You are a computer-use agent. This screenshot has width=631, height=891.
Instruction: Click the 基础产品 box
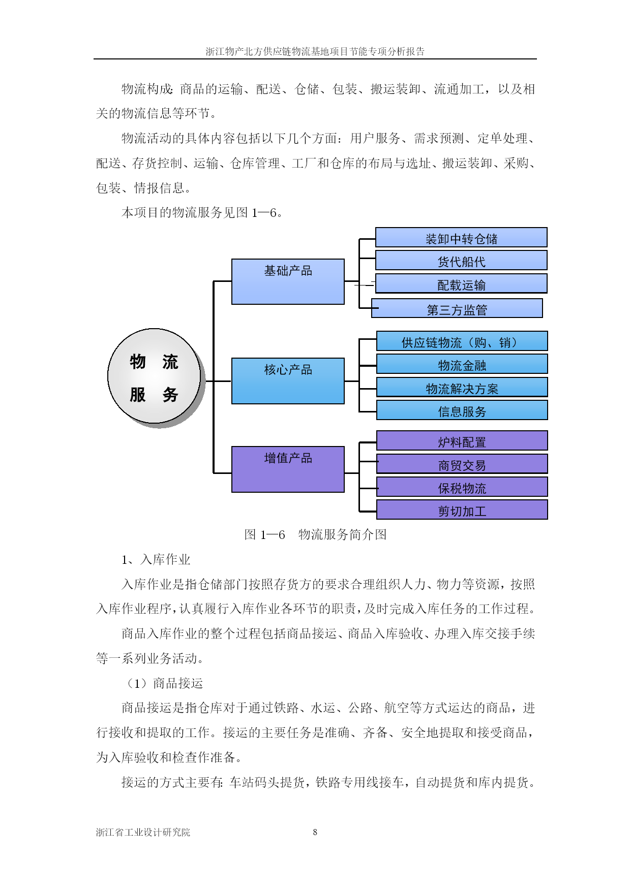[288, 281]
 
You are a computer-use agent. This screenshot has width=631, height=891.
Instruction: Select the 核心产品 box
[288, 381]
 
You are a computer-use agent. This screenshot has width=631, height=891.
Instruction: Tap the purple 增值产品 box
[288, 469]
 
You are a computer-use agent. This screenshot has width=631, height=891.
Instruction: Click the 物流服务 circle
[155, 376]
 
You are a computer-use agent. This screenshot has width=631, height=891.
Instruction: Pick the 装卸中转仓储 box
[461, 237]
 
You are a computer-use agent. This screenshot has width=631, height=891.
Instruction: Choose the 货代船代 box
[461, 260]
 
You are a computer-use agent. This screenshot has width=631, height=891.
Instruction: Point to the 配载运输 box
[461, 283]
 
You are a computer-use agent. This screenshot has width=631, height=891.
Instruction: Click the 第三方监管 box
[457, 308]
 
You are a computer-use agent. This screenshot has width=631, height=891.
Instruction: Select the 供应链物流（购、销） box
[462, 341]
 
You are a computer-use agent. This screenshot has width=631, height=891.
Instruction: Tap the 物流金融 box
[462, 364]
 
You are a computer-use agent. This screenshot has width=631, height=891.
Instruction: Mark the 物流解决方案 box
[462, 387]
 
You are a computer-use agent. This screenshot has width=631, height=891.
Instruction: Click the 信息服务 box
[462, 410]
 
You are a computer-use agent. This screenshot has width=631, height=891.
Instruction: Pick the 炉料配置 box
[462, 440]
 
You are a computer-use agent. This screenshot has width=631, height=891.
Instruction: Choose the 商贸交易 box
[462, 464]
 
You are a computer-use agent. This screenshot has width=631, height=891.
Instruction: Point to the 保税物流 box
[462, 487]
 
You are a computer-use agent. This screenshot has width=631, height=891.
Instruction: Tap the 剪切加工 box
[462, 510]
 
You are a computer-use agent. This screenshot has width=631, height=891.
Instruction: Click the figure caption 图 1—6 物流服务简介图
[315, 534]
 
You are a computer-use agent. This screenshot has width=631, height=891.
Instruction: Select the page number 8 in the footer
[315, 832]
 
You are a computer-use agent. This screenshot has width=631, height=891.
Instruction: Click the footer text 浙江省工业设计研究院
[143, 832]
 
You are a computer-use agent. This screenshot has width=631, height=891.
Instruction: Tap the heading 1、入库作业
[156, 559]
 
